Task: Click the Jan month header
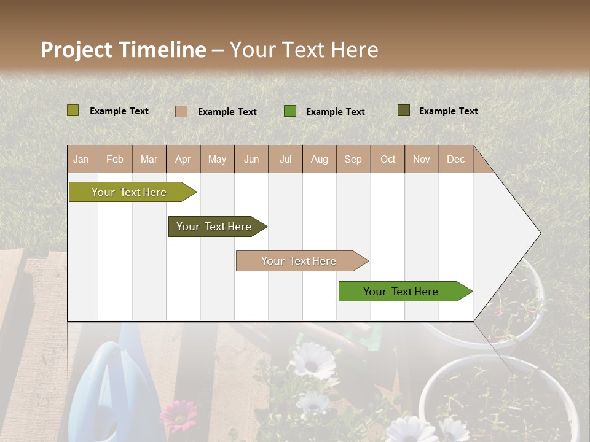81,159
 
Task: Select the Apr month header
183,159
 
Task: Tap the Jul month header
285,159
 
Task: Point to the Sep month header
353,159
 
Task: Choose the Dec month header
455,159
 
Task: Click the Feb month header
115,159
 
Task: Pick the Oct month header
388,159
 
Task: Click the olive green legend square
73,110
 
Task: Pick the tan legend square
181,111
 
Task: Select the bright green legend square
290,111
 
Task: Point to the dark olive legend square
404,110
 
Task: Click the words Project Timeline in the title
124,50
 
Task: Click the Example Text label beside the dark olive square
448,111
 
